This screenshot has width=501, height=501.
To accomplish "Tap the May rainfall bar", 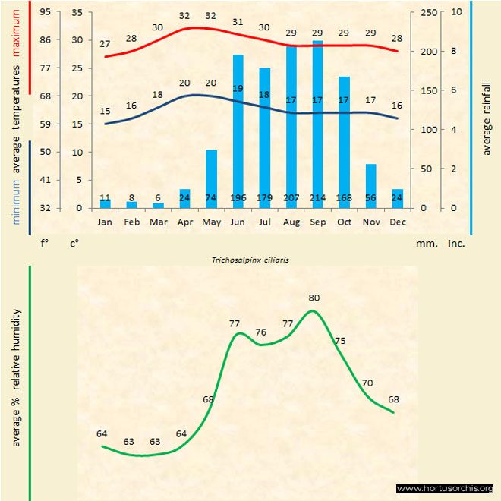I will click(x=212, y=178).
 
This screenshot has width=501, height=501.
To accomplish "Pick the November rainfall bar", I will click(x=370, y=185).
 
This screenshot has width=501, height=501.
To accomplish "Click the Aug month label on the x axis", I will click(x=291, y=222).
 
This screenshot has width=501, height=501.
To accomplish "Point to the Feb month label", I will click(x=132, y=222).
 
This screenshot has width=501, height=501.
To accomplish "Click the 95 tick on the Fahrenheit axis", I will click(x=46, y=12).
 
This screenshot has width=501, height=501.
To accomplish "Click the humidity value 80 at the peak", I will click(x=314, y=298).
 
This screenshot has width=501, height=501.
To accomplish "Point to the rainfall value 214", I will click(x=317, y=199).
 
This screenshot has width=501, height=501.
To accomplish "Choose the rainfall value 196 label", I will click(x=238, y=199).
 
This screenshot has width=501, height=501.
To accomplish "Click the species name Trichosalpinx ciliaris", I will click(x=250, y=259).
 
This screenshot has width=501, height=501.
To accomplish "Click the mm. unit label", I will click(x=425, y=244).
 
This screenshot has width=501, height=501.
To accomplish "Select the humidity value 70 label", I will click(x=367, y=383).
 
